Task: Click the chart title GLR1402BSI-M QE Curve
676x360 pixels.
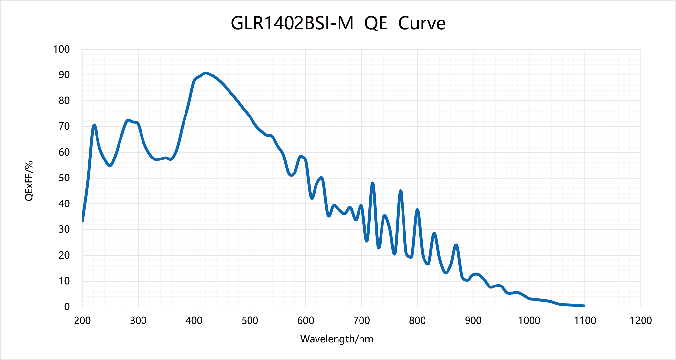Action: [x=338, y=23]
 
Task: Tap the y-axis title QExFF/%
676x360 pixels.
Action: [x=29, y=181]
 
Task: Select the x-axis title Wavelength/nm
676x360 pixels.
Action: [x=337, y=339]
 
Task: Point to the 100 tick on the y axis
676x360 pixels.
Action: [x=62, y=49]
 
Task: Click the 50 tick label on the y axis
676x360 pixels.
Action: [x=64, y=178]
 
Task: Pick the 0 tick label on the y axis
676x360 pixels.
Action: [x=67, y=307]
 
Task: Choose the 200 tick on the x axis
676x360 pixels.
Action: [x=82, y=320]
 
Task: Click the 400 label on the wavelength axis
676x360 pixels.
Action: [x=194, y=320]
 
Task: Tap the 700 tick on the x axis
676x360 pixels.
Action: [x=361, y=320]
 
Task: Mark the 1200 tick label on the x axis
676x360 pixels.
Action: [x=641, y=320]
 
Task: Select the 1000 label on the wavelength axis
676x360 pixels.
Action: [x=529, y=320]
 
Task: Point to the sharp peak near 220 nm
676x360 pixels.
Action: [x=94, y=125]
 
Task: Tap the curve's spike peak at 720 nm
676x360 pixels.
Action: [x=372, y=183]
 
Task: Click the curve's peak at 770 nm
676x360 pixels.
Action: [x=401, y=191]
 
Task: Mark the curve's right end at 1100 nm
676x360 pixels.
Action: [x=584, y=306]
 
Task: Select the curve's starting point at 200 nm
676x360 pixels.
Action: [x=83, y=221]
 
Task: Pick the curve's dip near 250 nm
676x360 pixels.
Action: [x=110, y=165]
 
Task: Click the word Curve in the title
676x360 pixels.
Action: [x=422, y=23]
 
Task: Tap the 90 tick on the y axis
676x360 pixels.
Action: [x=64, y=75]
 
